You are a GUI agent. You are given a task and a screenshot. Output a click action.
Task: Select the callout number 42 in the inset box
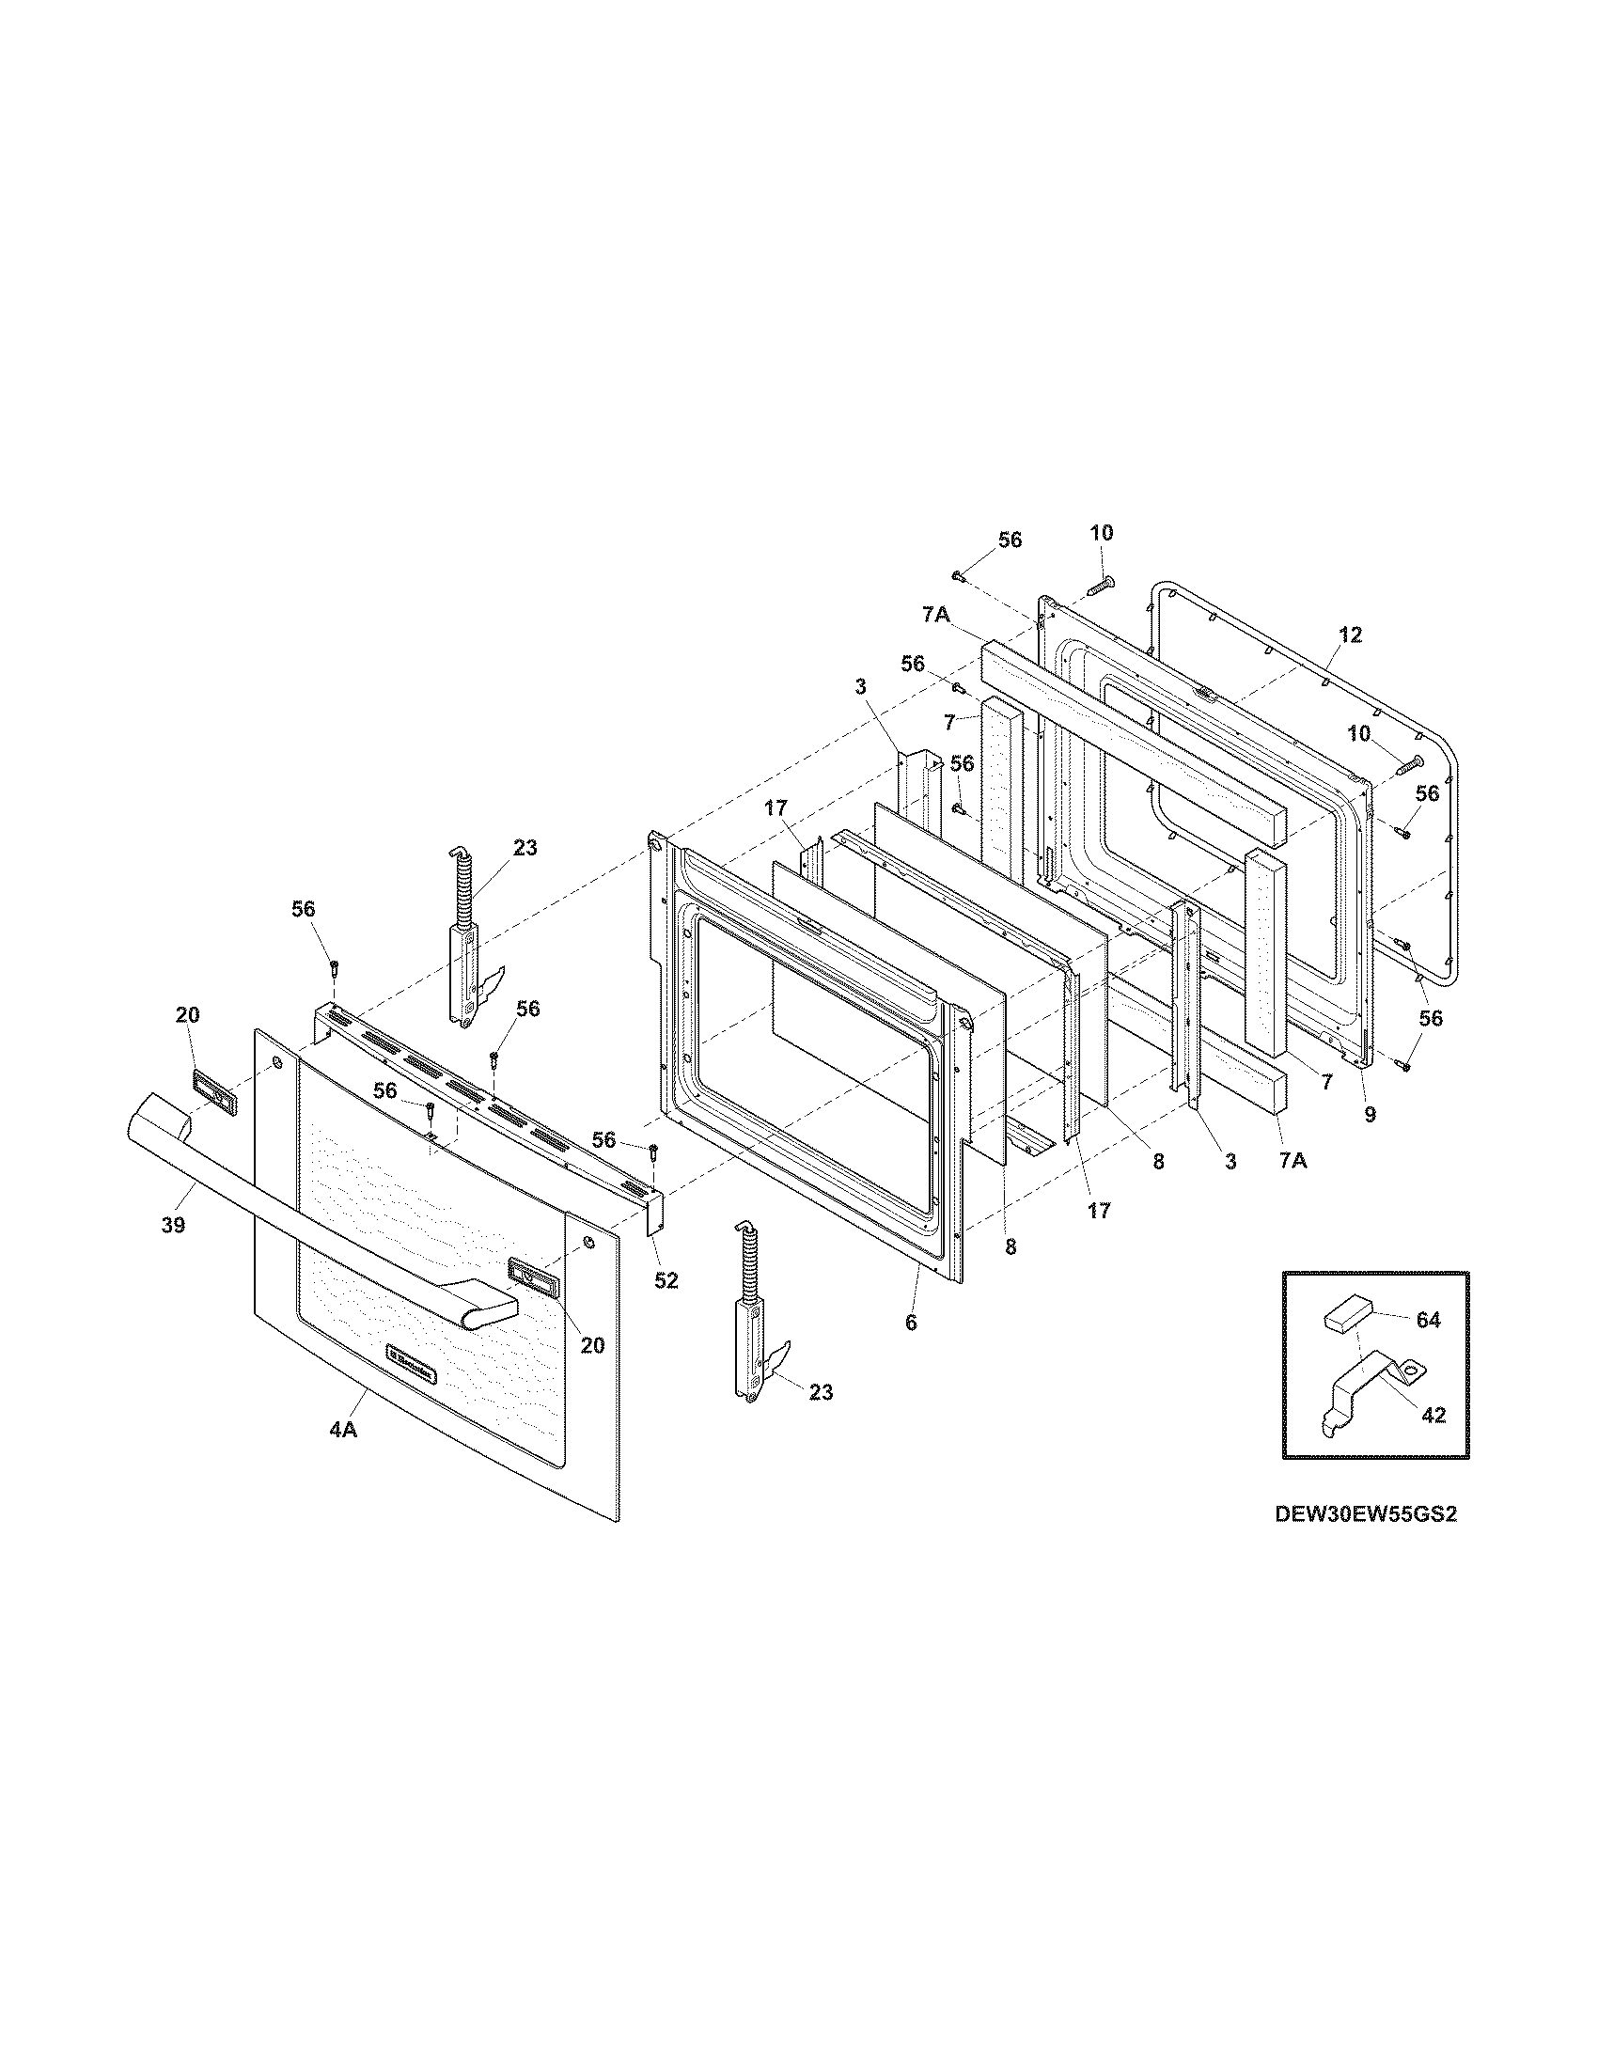click(x=1434, y=1415)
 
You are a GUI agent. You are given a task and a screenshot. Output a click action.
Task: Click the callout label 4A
click(x=343, y=1457)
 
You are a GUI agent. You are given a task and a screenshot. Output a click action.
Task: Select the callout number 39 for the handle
click(x=173, y=1224)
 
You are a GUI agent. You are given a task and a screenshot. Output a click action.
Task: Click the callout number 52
click(x=666, y=1280)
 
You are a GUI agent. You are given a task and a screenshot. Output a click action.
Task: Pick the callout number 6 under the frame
click(x=911, y=1323)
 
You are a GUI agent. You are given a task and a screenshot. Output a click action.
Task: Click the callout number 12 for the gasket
click(x=1351, y=635)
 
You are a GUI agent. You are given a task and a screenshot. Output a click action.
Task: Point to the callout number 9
click(x=1370, y=1115)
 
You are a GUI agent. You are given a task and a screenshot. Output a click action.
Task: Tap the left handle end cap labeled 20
click(x=214, y=1092)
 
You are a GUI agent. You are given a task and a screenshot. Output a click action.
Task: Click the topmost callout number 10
click(x=1101, y=533)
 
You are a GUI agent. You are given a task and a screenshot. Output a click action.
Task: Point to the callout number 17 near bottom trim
click(x=1098, y=1209)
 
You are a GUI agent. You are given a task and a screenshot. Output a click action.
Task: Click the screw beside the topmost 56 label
click(x=958, y=574)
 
